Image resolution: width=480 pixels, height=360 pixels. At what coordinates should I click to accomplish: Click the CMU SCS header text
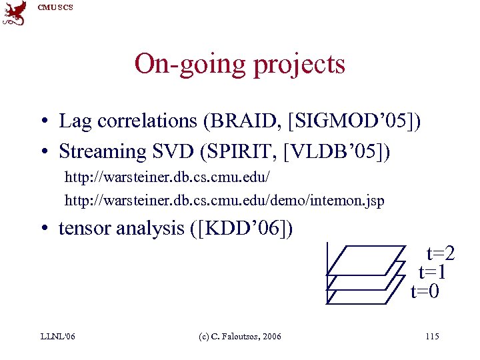55,7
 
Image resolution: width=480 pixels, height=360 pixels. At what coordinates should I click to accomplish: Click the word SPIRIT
247,151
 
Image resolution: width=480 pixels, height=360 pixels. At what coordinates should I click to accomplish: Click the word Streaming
102,152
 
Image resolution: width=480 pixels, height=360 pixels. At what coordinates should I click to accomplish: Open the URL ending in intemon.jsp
224,200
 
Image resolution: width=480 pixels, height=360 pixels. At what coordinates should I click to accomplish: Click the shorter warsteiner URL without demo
167,179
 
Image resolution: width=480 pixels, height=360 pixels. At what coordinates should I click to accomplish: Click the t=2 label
441,253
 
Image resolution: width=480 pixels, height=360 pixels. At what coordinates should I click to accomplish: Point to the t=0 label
425,291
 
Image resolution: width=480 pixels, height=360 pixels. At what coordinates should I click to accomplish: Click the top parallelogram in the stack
367,260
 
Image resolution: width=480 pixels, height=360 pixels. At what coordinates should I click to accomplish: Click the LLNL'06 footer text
57,336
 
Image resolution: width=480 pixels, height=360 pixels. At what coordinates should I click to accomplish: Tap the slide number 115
431,336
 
